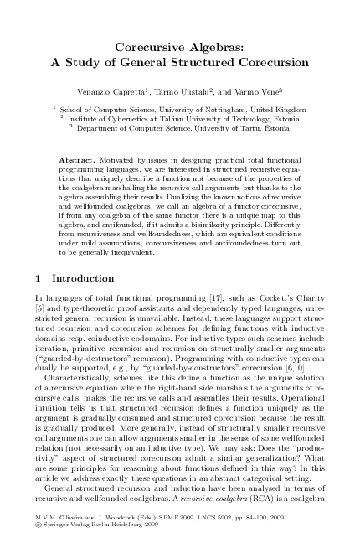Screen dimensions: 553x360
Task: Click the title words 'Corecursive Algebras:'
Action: coord(180,49)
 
